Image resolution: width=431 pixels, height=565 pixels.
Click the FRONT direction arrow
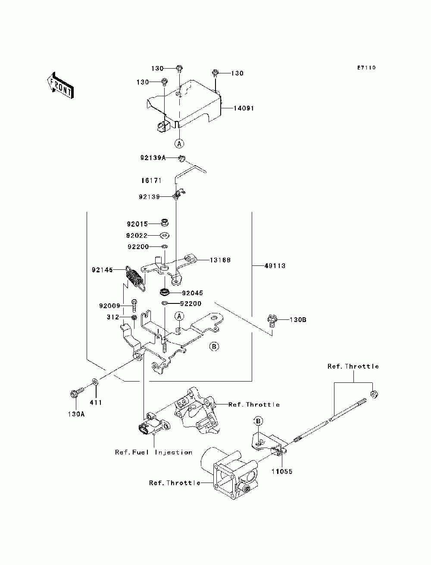coord(60,85)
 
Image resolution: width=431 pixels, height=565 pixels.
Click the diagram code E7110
coord(366,68)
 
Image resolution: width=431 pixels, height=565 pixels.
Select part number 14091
coord(244,108)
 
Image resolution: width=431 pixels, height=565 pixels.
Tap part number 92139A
coord(153,158)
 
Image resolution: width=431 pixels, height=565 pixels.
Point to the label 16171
coord(151,180)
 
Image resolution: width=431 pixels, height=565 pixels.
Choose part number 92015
coord(137,224)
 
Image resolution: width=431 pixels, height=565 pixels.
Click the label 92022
coord(137,236)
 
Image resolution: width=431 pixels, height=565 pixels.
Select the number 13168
coord(220,260)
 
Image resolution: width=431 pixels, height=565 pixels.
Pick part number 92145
coord(102,270)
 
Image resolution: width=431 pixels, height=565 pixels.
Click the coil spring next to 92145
coord(135,279)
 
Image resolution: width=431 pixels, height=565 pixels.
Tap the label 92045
coord(193,293)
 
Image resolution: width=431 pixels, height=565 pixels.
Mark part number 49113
coord(275,265)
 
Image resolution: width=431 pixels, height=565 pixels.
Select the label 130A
coord(76,414)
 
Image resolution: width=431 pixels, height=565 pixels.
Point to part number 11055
coord(282,471)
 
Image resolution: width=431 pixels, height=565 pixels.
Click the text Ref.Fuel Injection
coord(154,452)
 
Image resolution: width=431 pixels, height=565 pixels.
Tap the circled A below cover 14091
coord(179,143)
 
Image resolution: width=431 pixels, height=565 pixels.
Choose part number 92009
coord(110,306)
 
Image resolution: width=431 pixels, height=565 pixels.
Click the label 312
coord(113,317)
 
